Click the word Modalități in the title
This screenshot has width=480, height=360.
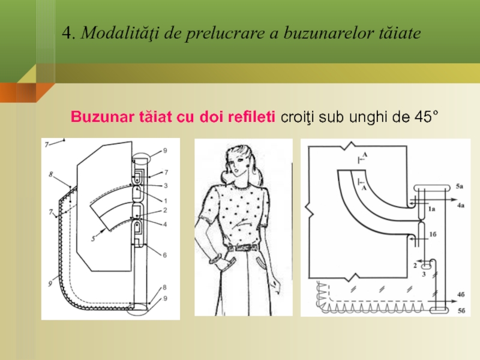119,33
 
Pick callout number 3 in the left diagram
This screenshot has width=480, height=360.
166,185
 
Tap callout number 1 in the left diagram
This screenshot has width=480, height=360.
166,201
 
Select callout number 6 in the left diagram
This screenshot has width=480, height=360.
164,255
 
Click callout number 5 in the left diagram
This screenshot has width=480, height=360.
94,238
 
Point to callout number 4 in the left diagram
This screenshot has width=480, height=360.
166,224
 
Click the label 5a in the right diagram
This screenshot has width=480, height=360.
460,186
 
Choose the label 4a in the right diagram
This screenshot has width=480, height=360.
461,205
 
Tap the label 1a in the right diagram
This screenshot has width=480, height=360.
431,209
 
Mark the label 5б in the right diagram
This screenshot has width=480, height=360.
461,311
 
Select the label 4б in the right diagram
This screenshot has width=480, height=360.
461,295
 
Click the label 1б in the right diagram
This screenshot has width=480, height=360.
433,234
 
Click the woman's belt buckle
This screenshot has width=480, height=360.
236,248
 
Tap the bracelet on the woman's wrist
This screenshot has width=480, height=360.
214,260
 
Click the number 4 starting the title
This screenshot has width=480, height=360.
67,33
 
